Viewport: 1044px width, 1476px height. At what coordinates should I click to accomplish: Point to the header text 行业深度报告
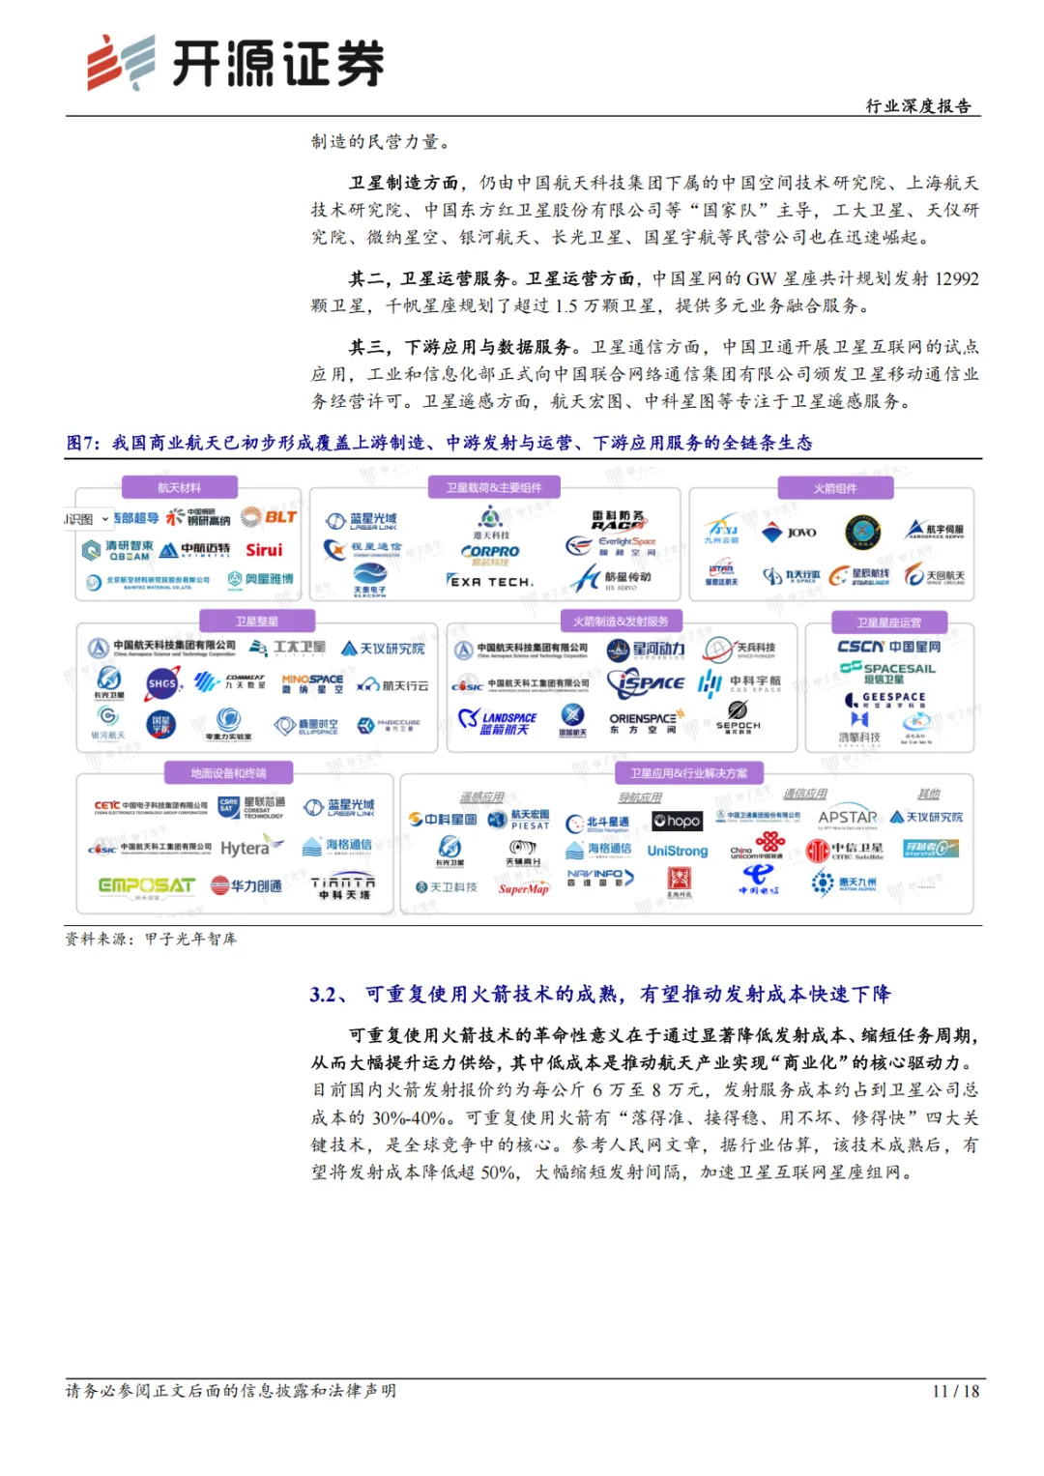917,106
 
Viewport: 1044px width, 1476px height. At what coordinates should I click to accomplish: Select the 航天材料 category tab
179,488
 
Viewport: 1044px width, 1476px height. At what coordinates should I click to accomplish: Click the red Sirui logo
264,550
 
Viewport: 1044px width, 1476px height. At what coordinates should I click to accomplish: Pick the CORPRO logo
490,552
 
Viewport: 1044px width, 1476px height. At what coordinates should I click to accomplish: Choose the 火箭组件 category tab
834,488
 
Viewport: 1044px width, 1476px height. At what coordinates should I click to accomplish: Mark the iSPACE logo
646,682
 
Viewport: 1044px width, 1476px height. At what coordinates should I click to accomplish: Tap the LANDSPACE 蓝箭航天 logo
498,722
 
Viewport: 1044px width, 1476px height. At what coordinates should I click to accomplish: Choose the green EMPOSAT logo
146,885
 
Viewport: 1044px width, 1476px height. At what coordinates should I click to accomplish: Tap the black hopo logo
677,821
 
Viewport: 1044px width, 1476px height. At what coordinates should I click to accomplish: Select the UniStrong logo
677,852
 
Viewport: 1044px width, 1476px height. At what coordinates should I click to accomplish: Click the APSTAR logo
847,818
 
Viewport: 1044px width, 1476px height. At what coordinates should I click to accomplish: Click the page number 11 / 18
955,1391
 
